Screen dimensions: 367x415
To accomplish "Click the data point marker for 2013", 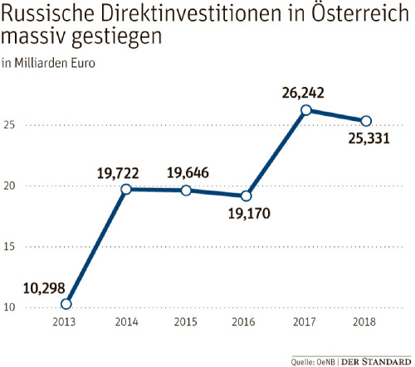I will [66, 303].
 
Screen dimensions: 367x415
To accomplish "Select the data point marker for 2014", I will [126, 189].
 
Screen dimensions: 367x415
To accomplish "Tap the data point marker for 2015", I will [186, 191].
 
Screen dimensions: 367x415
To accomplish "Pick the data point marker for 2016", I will [246, 196].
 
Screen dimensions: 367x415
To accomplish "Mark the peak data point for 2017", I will [306, 110].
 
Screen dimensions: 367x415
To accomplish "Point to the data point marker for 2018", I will [366, 121].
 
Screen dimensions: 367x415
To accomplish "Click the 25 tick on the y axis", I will [10, 125].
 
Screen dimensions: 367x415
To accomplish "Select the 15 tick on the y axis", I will [10, 247].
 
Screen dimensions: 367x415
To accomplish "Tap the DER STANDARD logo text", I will [377, 360].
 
